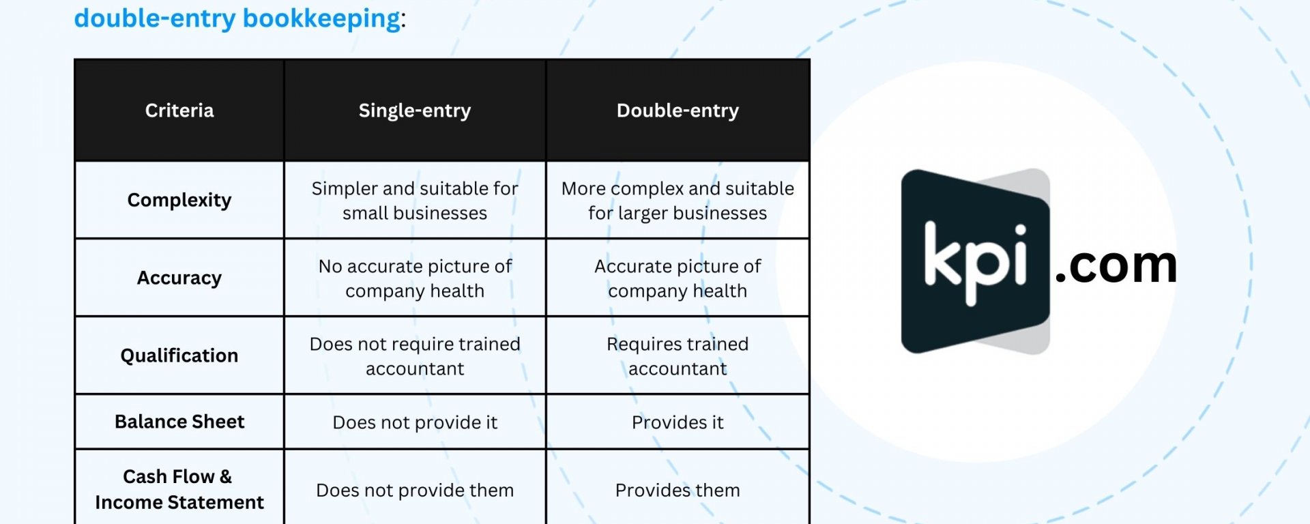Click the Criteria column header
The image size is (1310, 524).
(x=179, y=111)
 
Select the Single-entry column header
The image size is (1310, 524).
(x=415, y=111)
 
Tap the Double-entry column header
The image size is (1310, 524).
(x=678, y=111)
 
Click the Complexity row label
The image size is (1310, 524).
(x=179, y=200)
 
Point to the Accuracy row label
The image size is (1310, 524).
(x=179, y=278)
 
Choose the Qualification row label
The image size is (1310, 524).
(x=179, y=355)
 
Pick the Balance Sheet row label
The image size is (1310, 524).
(x=179, y=422)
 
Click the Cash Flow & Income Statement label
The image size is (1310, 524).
(x=179, y=489)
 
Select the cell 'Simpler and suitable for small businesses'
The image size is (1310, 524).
(x=415, y=201)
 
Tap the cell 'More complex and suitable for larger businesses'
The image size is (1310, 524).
(x=678, y=201)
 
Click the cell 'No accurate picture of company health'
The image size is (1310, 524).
(x=415, y=278)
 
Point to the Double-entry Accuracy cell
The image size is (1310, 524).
(x=678, y=278)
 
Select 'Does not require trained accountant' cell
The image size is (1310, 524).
(x=415, y=356)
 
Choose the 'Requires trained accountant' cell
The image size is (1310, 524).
(x=678, y=356)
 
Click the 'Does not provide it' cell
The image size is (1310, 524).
(x=415, y=422)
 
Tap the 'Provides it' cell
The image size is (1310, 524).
(x=678, y=422)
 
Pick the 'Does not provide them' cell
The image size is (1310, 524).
(x=415, y=490)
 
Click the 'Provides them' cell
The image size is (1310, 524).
(x=678, y=490)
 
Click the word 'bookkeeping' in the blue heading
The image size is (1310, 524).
(x=321, y=19)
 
